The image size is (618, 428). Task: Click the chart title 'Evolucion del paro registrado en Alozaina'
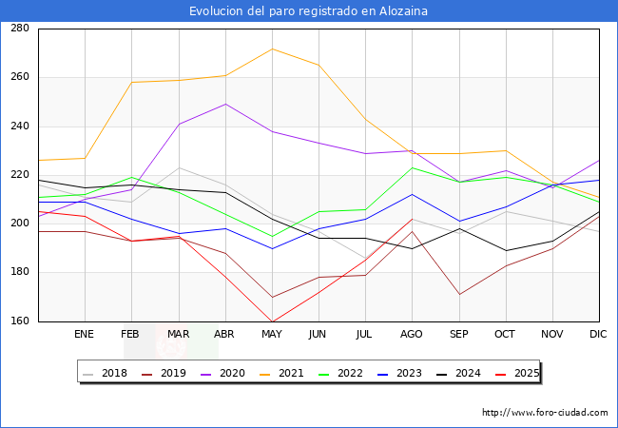pyautogui.click(x=308, y=11)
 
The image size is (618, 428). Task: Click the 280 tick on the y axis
pyautogui.click(x=19, y=29)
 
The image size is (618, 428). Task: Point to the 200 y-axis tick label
pyautogui.click(x=19, y=224)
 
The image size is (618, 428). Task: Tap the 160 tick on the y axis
pyautogui.click(x=19, y=321)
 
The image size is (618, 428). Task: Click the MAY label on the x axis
pyautogui.click(x=272, y=334)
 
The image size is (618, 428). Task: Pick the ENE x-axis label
pyautogui.click(x=85, y=334)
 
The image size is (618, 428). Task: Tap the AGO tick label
pyautogui.click(x=412, y=334)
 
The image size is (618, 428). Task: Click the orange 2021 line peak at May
pyautogui.click(x=272, y=49)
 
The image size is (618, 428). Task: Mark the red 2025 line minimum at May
pyautogui.click(x=272, y=321)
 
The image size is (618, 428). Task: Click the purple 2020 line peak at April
pyautogui.click(x=225, y=104)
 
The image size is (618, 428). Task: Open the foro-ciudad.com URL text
pyautogui.click(x=545, y=413)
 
